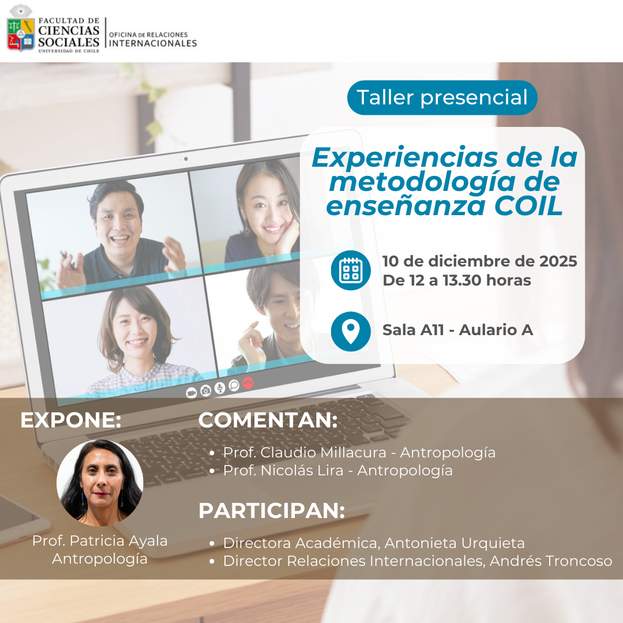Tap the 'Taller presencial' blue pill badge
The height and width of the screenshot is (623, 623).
(442, 97)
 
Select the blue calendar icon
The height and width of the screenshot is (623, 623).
(351, 271)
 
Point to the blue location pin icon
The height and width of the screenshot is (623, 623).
(351, 331)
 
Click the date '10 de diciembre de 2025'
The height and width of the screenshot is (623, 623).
(479, 261)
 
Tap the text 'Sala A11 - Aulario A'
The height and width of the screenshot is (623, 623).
(457, 330)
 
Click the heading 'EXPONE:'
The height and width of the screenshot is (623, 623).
(71, 420)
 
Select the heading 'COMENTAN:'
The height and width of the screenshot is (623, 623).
(268, 420)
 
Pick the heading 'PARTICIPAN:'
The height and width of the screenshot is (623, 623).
(272, 511)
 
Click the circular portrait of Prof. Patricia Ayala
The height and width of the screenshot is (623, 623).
(100, 483)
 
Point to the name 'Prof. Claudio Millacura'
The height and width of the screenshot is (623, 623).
(305, 453)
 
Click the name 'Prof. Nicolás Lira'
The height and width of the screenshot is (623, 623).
(283, 471)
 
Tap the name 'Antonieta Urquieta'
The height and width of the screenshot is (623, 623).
(455, 543)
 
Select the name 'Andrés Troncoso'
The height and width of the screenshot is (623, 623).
(551, 561)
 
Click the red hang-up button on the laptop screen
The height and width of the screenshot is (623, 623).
(248, 382)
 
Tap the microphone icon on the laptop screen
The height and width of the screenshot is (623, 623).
(220, 388)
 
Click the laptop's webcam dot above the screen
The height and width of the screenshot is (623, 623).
(186, 159)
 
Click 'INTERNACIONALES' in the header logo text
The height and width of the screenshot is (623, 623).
(153, 43)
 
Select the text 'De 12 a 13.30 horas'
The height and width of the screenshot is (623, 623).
(456, 280)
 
